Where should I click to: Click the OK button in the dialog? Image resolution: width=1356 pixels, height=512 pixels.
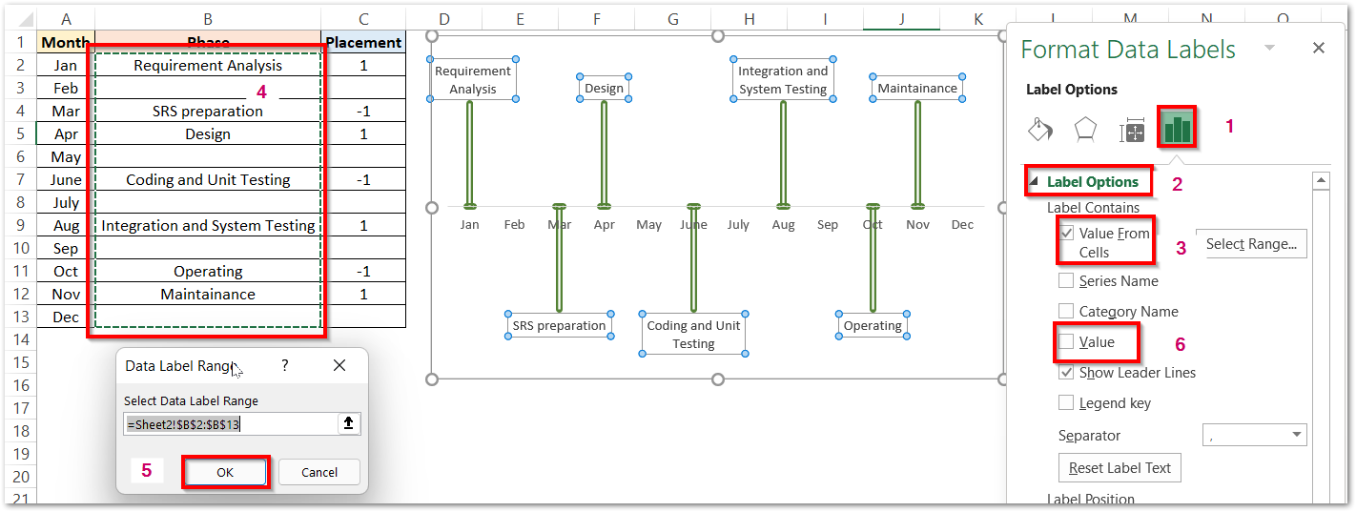tap(226, 472)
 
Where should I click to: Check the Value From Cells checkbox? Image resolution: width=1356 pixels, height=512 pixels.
tap(1067, 233)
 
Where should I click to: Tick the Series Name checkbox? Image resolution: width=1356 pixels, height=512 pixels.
tap(1066, 281)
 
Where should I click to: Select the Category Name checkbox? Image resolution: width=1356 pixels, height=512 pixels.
tap(1066, 312)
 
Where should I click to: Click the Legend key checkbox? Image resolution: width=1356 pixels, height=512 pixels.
tap(1066, 403)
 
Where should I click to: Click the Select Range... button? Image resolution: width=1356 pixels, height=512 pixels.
tap(1250, 244)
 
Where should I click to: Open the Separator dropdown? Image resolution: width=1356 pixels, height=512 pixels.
tap(1254, 436)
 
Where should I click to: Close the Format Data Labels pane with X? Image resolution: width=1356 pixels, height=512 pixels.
tap(1319, 49)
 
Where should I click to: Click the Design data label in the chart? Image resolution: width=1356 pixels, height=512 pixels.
tap(604, 89)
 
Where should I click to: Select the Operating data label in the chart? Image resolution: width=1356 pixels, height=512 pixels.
tap(873, 326)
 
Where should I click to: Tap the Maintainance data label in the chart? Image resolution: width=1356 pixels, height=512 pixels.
tap(917, 89)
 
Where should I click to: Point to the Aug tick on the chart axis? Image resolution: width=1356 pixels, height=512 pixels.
tap(783, 225)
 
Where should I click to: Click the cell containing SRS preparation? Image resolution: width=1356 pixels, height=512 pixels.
tap(208, 112)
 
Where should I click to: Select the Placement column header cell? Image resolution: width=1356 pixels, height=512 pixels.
tap(363, 42)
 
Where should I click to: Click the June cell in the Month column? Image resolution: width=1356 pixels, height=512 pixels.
tap(66, 180)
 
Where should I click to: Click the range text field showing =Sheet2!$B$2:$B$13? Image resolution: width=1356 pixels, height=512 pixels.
tap(230, 424)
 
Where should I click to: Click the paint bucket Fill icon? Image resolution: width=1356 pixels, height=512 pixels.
tap(1040, 130)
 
